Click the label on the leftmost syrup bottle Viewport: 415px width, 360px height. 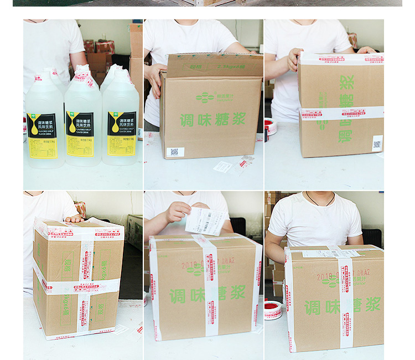(41, 135)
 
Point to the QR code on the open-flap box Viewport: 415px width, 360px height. (174, 151)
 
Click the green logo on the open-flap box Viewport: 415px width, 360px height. (204, 98)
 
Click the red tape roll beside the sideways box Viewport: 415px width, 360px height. (271, 127)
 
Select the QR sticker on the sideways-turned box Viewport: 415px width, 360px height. (377, 143)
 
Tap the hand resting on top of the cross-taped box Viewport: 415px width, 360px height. (73, 219)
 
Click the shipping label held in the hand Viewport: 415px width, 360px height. (206, 220)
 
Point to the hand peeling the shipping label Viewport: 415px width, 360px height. (177, 212)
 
